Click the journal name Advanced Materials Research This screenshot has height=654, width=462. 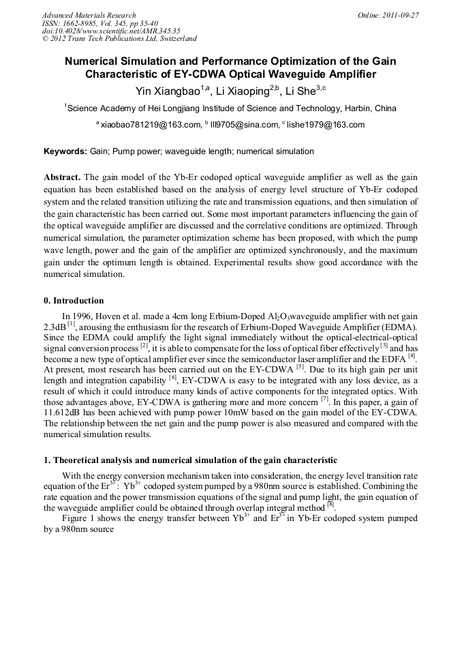89,15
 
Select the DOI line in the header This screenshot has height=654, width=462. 111,31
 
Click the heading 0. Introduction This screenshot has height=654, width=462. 74,301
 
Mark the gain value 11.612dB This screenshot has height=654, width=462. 65,413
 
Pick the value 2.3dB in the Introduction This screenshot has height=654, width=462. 55,327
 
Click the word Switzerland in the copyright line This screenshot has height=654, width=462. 172,39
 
